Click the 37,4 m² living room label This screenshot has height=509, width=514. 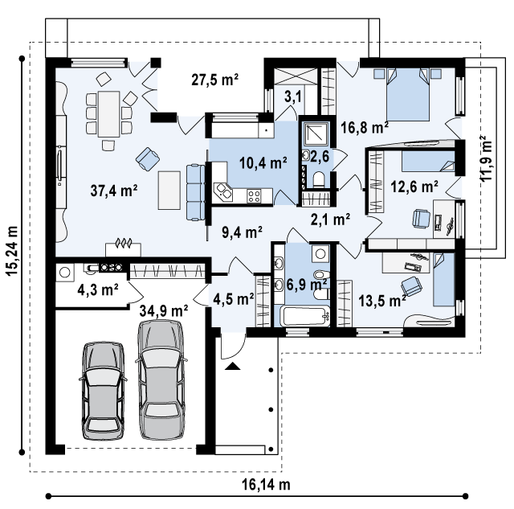pyautogui.click(x=114, y=191)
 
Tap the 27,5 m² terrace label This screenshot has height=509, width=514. pyautogui.click(x=214, y=80)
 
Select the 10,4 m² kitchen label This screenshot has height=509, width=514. pyautogui.click(x=263, y=162)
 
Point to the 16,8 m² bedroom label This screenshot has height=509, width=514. pyautogui.click(x=365, y=127)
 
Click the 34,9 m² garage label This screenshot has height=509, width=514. pyautogui.click(x=164, y=310)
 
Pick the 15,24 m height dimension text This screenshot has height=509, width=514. pyautogui.click(x=12, y=251)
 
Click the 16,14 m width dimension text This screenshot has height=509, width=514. pyautogui.click(x=266, y=484)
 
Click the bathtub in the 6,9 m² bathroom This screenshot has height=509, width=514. pyautogui.click(x=305, y=316)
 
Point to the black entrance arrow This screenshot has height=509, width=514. pyautogui.click(x=232, y=366)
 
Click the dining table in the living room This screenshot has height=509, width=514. pyautogui.click(x=109, y=114)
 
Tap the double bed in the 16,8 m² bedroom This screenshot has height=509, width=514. pyautogui.click(x=408, y=95)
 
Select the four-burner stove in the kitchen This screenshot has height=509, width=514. pyautogui.click(x=255, y=196)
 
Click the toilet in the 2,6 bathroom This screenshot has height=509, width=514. pyautogui.click(x=318, y=179)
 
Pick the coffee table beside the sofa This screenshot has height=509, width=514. pyautogui.click(x=169, y=190)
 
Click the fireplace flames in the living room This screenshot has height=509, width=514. pyautogui.click(x=123, y=243)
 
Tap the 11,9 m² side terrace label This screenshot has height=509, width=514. pyautogui.click(x=486, y=158)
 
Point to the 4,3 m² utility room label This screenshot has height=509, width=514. pyautogui.click(x=98, y=289)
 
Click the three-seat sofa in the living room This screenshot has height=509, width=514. pyautogui.click(x=196, y=192)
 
